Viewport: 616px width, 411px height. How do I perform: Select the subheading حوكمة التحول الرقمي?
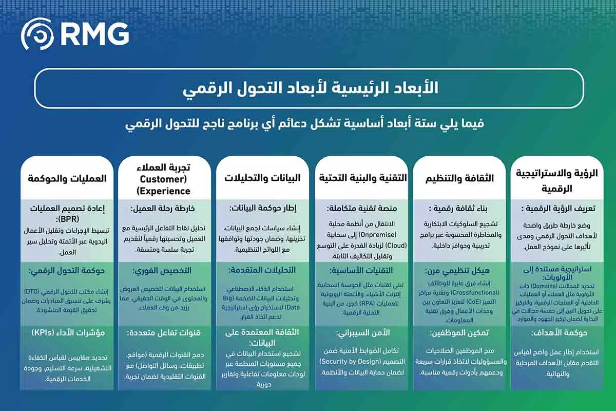[x=68, y=270]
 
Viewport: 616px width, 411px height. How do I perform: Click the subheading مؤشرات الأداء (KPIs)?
[x=68, y=332]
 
